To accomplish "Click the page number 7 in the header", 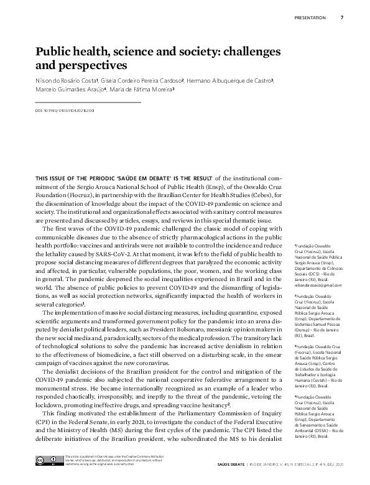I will coord(342,17).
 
